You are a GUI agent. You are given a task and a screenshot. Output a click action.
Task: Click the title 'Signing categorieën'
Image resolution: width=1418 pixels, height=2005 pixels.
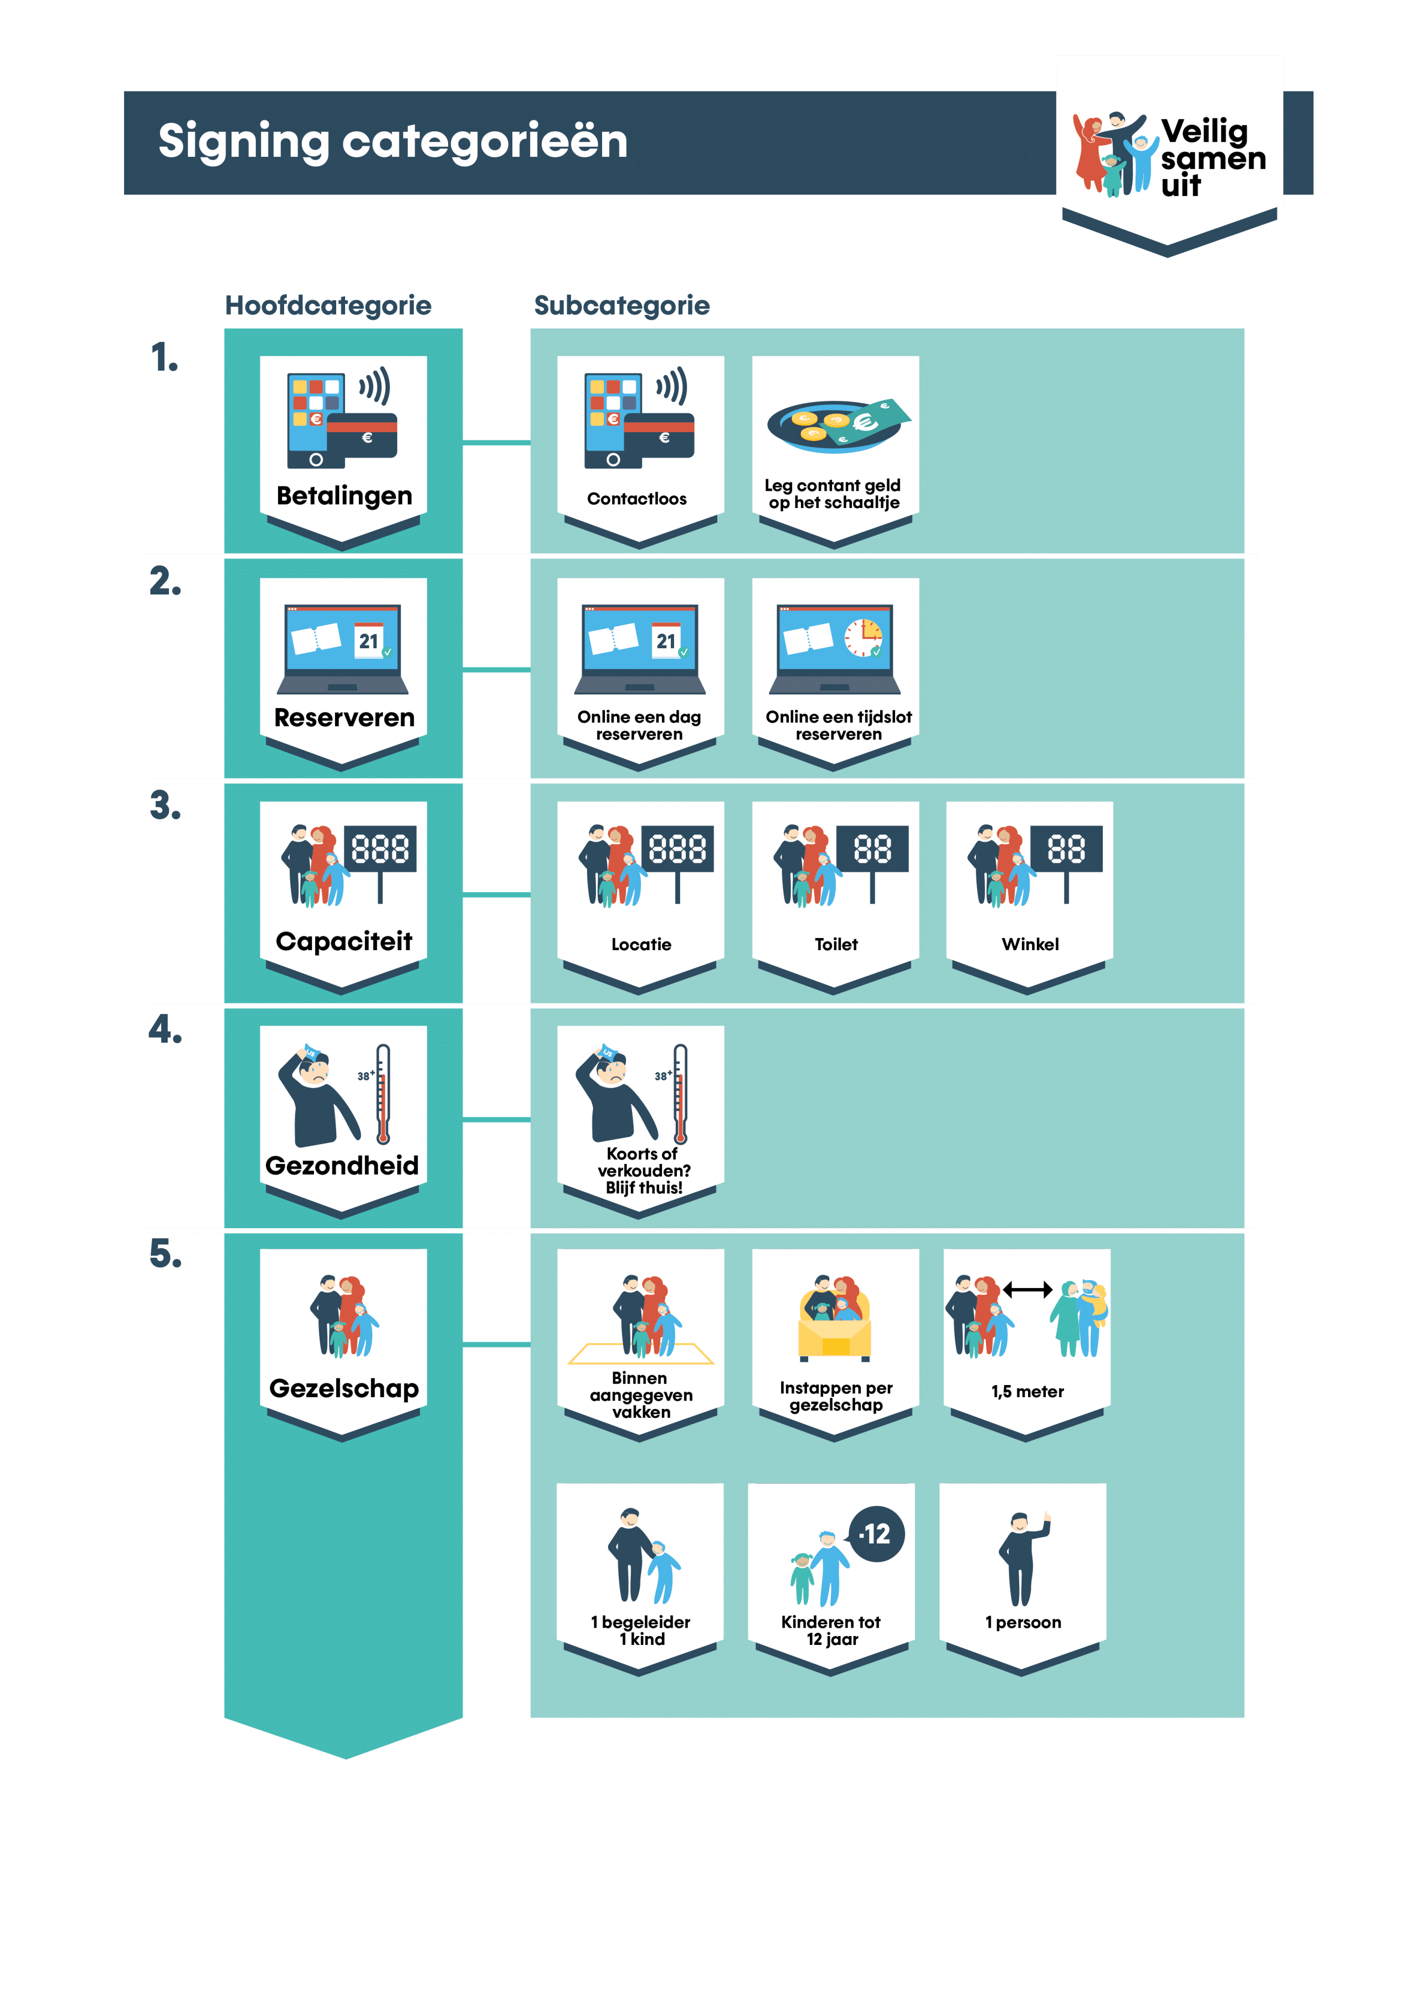click(393, 141)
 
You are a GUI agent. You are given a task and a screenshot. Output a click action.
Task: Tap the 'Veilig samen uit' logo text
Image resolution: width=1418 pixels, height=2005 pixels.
click(1212, 158)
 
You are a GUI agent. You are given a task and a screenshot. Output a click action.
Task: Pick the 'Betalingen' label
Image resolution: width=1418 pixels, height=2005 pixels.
click(344, 496)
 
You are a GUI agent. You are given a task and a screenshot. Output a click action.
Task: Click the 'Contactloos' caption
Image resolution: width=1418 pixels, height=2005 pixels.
click(636, 499)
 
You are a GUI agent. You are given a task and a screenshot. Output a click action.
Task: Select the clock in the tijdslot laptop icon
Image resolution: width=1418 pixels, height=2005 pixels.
click(862, 638)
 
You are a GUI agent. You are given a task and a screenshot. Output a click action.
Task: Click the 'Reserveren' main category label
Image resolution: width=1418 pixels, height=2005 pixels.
click(344, 718)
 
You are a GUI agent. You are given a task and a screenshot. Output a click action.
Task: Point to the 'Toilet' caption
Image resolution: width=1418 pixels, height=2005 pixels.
click(836, 944)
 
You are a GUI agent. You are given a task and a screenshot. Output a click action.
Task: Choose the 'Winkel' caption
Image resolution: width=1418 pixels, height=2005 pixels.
click(1030, 944)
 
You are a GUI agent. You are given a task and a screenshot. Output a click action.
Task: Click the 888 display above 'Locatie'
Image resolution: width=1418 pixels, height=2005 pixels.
click(677, 849)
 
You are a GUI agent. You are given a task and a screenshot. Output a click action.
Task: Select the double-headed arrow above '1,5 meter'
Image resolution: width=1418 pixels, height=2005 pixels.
click(1027, 1290)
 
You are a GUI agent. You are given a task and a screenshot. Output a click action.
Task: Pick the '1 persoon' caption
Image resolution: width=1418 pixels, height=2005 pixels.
click(1023, 1623)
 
